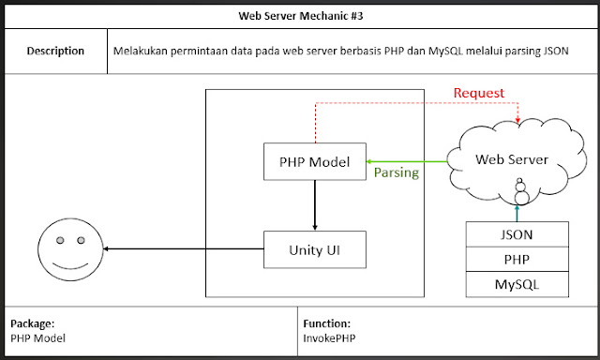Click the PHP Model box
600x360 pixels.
pyautogui.click(x=313, y=161)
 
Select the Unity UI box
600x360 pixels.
pyautogui.click(x=313, y=250)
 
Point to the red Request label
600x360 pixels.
pyautogui.click(x=478, y=93)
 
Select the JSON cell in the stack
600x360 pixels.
pyautogui.click(x=517, y=234)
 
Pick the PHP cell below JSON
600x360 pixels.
pyautogui.click(x=517, y=259)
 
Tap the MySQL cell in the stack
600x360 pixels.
pyautogui.click(x=517, y=282)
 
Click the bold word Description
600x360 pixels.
pyautogui.click(x=55, y=51)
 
